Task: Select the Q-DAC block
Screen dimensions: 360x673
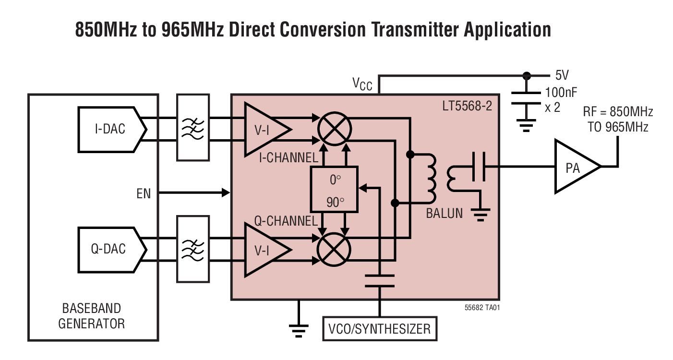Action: pyautogui.click(x=109, y=248)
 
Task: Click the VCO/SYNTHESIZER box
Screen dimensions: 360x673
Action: pyautogui.click(x=380, y=329)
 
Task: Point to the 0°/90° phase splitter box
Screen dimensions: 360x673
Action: pyautogui.click(x=334, y=189)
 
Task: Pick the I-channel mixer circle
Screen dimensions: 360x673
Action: pyautogui.click(x=334, y=129)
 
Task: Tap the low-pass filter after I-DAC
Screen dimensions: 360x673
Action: pyautogui.click(x=193, y=127)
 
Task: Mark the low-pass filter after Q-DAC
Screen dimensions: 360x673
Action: pyautogui.click(x=193, y=249)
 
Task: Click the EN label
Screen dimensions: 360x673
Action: pyautogui.click(x=143, y=194)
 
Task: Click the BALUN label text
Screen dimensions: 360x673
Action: pyautogui.click(x=445, y=213)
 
